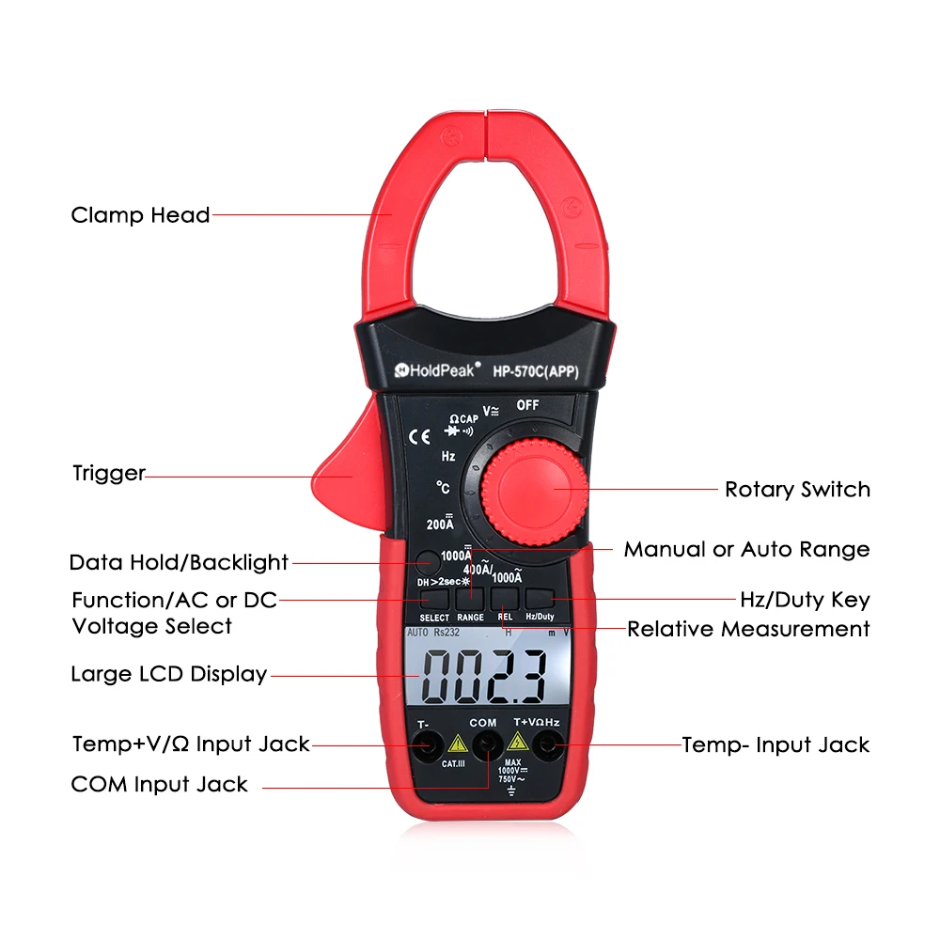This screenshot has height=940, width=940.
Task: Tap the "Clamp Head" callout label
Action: coord(140,215)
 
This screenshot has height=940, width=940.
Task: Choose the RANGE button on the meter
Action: coord(470,598)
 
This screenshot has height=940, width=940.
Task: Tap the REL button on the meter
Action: coord(505,598)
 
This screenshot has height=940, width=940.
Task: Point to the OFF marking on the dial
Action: coord(527,405)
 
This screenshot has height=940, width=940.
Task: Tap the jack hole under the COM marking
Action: coord(486,746)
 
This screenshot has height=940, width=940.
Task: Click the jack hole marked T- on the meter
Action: coord(429,746)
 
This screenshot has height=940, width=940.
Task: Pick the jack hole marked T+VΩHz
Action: coord(544,746)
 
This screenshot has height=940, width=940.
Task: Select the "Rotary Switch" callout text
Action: coord(797,490)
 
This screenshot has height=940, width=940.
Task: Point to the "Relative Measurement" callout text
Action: coord(748,629)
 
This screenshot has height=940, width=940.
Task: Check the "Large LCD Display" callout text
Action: coord(169,674)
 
